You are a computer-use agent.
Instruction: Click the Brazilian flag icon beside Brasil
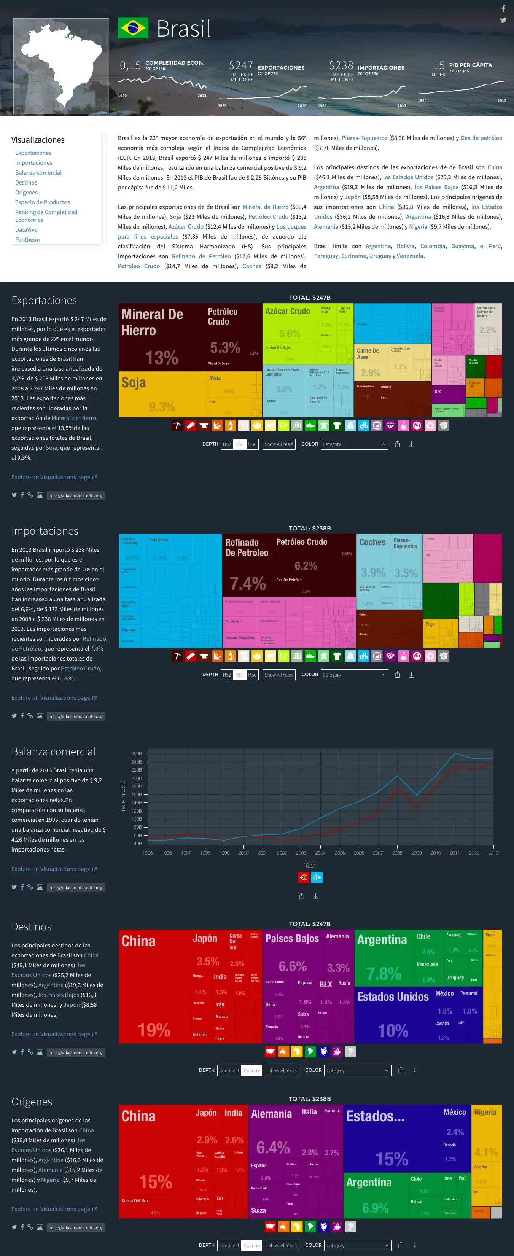pos(133,28)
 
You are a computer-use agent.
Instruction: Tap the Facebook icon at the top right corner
pos(503,8)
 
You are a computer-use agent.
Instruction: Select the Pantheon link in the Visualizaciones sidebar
pos(27,239)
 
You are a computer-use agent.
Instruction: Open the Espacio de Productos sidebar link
pos(43,202)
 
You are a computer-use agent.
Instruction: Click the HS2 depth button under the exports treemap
pos(227,444)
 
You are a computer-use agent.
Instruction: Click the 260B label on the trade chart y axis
pos(137,754)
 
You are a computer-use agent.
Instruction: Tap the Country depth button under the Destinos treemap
pos(251,1070)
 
